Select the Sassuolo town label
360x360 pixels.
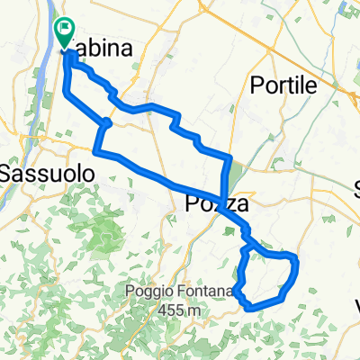tap(38, 171)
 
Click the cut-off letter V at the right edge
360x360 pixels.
tap(355, 303)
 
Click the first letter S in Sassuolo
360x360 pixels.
tap(8, 171)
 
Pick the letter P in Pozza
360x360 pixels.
tap(192, 206)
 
